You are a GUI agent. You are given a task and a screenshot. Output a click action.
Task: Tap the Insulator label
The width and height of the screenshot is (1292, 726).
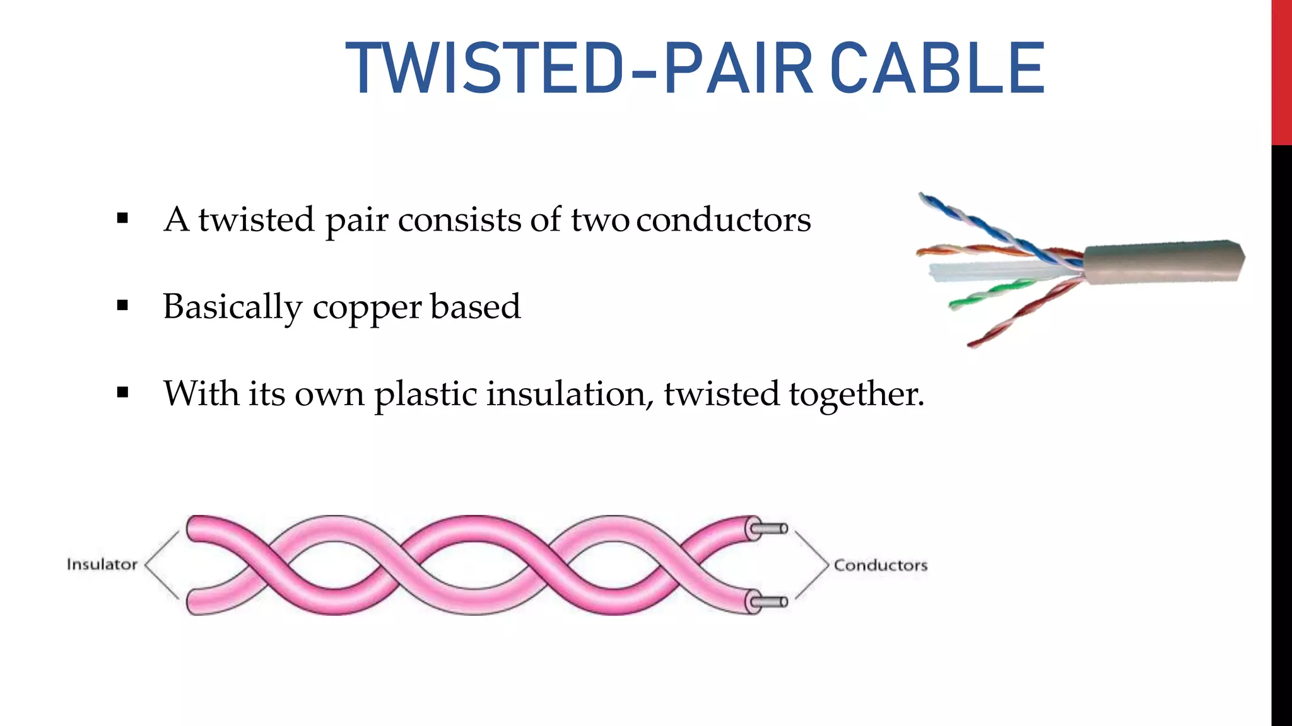(x=102, y=564)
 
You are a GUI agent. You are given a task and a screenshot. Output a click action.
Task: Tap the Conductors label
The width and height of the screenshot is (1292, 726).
(x=881, y=565)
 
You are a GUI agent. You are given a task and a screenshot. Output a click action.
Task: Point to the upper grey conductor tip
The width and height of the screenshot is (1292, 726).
(x=773, y=529)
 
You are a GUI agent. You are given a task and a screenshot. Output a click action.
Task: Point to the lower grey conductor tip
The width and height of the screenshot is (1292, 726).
(x=773, y=602)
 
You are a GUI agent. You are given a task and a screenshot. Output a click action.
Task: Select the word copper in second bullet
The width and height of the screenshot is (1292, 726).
(x=367, y=308)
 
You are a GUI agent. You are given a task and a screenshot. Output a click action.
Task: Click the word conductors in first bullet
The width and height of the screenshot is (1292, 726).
(x=723, y=220)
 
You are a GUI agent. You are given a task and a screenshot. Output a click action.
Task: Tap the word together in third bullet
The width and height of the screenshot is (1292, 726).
(x=856, y=395)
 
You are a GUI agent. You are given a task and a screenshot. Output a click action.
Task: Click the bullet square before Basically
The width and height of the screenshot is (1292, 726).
(x=122, y=306)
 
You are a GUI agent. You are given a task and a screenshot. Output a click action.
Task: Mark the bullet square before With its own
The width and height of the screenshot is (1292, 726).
(x=122, y=393)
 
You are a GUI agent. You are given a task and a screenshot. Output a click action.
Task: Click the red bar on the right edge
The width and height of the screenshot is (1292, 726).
(x=1281, y=72)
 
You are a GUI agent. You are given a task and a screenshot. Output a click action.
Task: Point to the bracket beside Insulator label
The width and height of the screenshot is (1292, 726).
(x=161, y=565)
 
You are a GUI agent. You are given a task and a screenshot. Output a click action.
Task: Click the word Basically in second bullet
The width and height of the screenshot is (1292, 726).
(x=232, y=308)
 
